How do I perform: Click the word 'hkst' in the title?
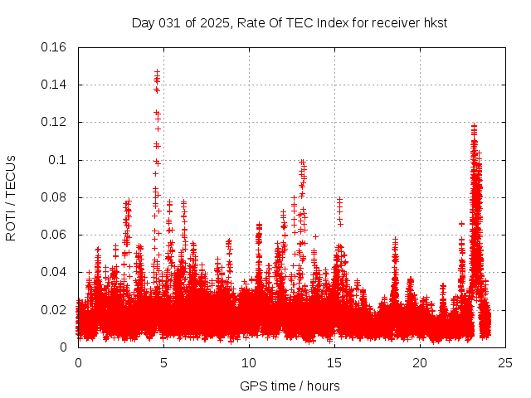point(434,22)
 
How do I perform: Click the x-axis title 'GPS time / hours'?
point(290,386)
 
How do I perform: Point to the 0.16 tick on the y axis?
point(55,47)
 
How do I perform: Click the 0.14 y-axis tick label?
point(55,85)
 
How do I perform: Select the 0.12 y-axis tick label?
point(55,122)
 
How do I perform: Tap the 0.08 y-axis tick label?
point(55,197)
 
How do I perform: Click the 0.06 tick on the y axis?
point(55,235)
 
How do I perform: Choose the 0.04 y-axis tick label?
point(55,272)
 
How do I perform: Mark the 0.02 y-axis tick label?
point(55,310)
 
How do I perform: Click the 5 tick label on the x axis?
point(163,363)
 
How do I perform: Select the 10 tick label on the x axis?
point(249,363)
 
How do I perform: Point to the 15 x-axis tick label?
point(334,363)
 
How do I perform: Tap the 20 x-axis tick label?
point(420,363)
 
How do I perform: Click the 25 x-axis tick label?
point(505,363)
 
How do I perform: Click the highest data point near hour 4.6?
point(157,72)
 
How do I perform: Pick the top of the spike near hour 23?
point(474,126)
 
